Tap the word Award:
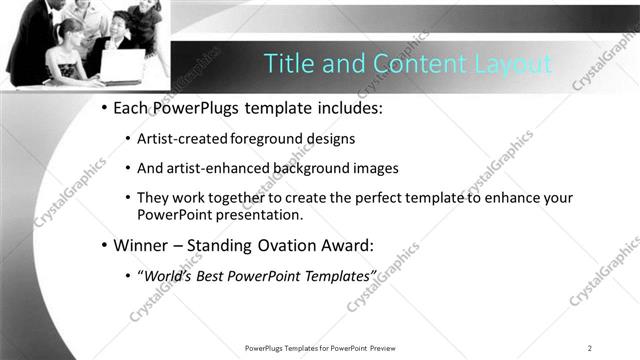click(x=370, y=244)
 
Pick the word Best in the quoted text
click(x=217, y=275)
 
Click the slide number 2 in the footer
click(x=590, y=348)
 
